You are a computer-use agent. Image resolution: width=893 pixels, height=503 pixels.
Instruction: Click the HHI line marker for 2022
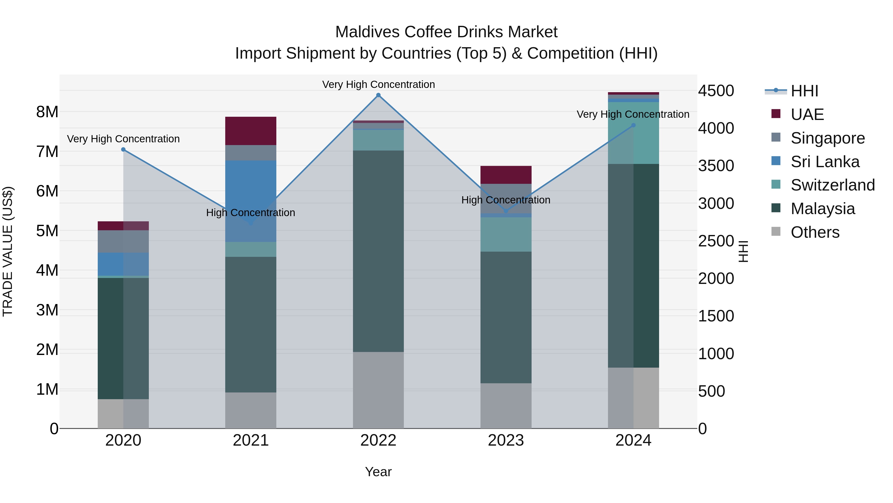[378, 95]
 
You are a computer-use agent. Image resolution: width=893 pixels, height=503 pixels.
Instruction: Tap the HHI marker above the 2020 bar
[123, 150]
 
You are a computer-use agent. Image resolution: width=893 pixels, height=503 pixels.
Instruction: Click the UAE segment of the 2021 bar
[251, 131]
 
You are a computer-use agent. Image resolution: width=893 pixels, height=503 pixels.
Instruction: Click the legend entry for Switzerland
[832, 185]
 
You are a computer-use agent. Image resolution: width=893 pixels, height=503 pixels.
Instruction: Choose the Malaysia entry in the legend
[823, 209]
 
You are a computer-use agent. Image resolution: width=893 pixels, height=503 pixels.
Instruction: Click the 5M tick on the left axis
[47, 231]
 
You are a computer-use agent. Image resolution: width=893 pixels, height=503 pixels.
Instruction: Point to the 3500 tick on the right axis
[716, 166]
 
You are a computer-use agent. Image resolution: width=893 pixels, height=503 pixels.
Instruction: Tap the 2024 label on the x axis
[633, 440]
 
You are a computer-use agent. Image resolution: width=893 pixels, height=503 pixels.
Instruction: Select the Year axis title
[378, 472]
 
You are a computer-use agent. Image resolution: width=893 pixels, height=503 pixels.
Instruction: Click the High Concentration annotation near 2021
[251, 212]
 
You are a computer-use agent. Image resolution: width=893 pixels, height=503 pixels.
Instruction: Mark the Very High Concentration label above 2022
[378, 84]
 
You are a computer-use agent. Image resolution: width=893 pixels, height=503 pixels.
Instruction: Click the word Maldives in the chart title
[367, 32]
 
